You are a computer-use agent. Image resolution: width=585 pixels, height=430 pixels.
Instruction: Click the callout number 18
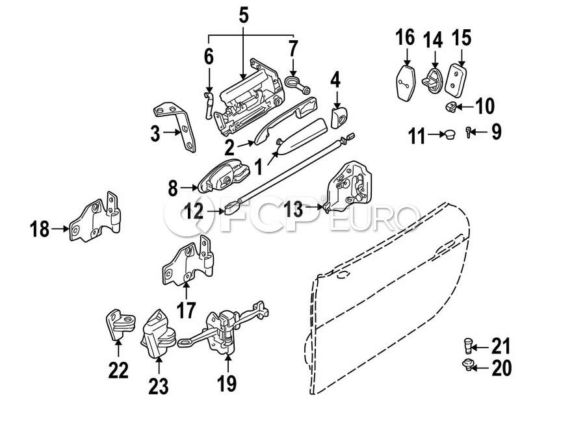pos(40,229)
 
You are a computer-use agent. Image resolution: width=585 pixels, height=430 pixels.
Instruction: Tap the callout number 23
pos(158,386)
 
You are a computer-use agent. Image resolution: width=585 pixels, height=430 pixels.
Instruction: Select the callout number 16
pos(405,37)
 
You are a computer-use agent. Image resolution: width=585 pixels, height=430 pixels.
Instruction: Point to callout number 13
pos(294,209)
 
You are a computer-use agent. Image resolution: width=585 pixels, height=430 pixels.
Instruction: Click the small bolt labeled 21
pos(469,345)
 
